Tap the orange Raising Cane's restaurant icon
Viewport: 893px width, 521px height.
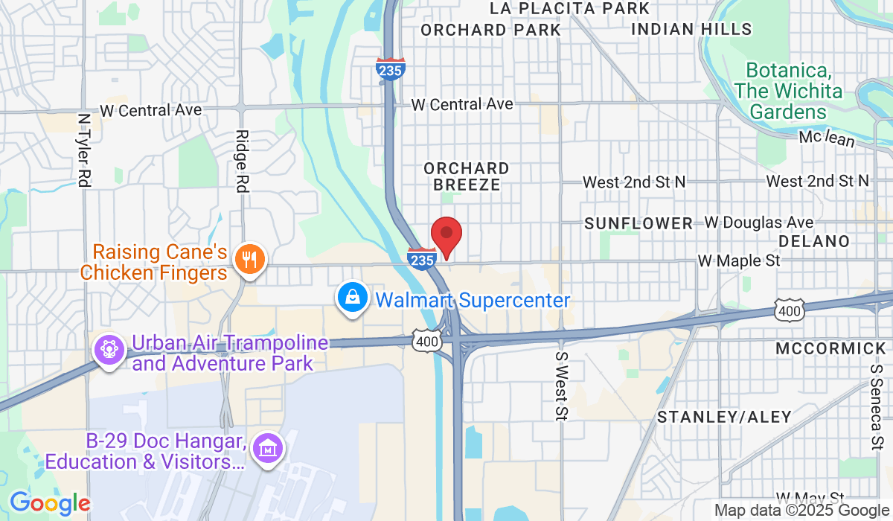click(246, 259)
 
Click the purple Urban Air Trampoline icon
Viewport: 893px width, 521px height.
click(109, 348)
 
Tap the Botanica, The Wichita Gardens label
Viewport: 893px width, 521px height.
click(788, 92)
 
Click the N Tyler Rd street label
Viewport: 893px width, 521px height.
click(84, 150)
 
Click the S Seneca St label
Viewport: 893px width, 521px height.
click(877, 407)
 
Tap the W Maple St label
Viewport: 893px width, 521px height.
click(738, 261)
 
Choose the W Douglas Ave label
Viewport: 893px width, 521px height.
click(759, 223)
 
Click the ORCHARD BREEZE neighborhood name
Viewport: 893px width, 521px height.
click(467, 176)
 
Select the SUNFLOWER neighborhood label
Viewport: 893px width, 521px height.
click(638, 223)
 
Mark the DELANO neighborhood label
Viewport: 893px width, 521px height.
click(814, 241)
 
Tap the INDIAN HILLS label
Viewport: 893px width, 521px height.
click(691, 29)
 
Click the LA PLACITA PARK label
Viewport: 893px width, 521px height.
click(570, 8)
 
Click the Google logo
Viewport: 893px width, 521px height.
click(51, 504)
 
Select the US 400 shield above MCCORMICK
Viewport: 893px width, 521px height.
click(789, 310)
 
